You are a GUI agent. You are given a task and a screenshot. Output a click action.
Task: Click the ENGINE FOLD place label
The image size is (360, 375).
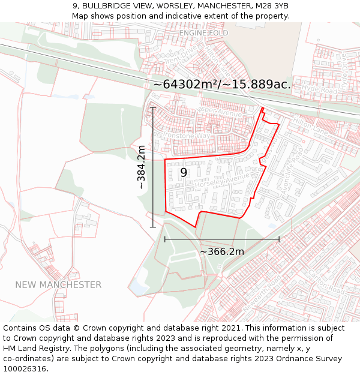(199, 33)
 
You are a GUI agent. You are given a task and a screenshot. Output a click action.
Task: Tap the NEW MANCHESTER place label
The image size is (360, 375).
(58, 284)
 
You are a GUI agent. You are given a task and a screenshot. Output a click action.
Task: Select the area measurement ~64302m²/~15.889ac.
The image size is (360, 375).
(222, 85)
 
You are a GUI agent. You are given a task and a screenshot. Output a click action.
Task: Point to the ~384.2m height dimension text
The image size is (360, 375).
(141, 167)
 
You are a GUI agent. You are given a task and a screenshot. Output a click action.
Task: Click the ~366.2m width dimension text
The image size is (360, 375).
(222, 251)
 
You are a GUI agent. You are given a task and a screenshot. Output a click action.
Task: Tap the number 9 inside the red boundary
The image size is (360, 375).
(184, 172)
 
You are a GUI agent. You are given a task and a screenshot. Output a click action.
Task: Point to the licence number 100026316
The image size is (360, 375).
(25, 368)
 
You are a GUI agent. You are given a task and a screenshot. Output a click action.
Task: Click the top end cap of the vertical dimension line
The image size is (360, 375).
(153, 107)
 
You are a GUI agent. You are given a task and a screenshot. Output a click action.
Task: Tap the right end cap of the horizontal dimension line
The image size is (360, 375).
(279, 239)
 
